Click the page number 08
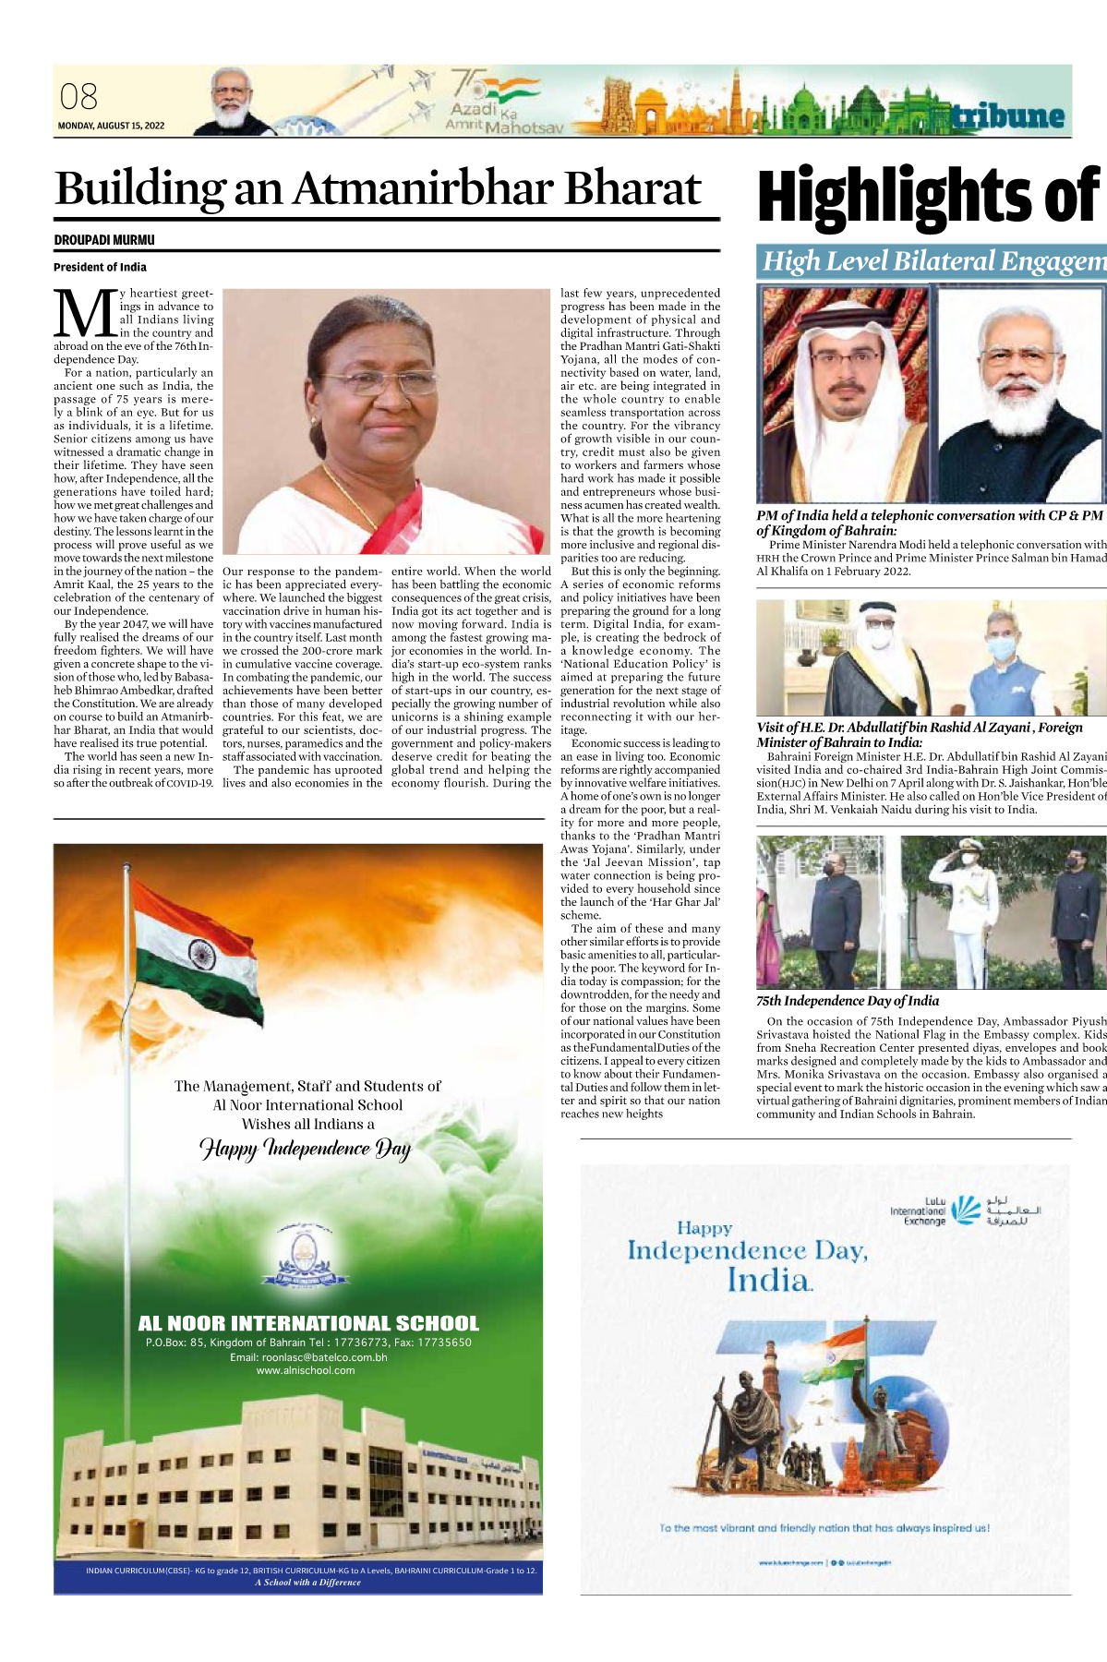[78, 97]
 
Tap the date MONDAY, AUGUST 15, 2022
[111, 126]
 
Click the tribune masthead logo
[1009, 116]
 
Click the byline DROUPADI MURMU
[104, 240]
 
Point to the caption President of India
[100, 267]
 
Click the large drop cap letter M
[86, 314]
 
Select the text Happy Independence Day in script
[306, 1149]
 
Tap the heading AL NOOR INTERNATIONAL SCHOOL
[308, 1323]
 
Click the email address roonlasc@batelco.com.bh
[308, 1357]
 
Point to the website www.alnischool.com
[306, 1370]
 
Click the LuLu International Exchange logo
[965, 1210]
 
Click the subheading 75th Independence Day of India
[848, 1001]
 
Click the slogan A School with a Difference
[307, 1582]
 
